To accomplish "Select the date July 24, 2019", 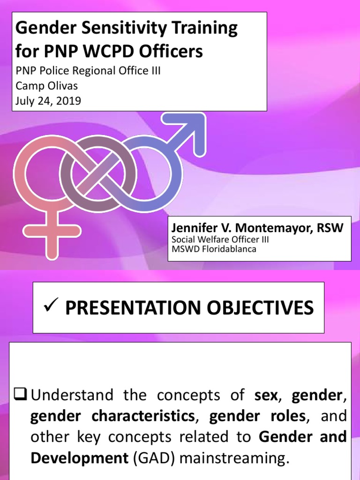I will [48, 101].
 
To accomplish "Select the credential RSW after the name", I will [332, 228].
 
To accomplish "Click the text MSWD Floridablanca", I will [214, 249].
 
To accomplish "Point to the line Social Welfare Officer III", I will [220, 240].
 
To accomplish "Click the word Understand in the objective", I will [72, 395].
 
